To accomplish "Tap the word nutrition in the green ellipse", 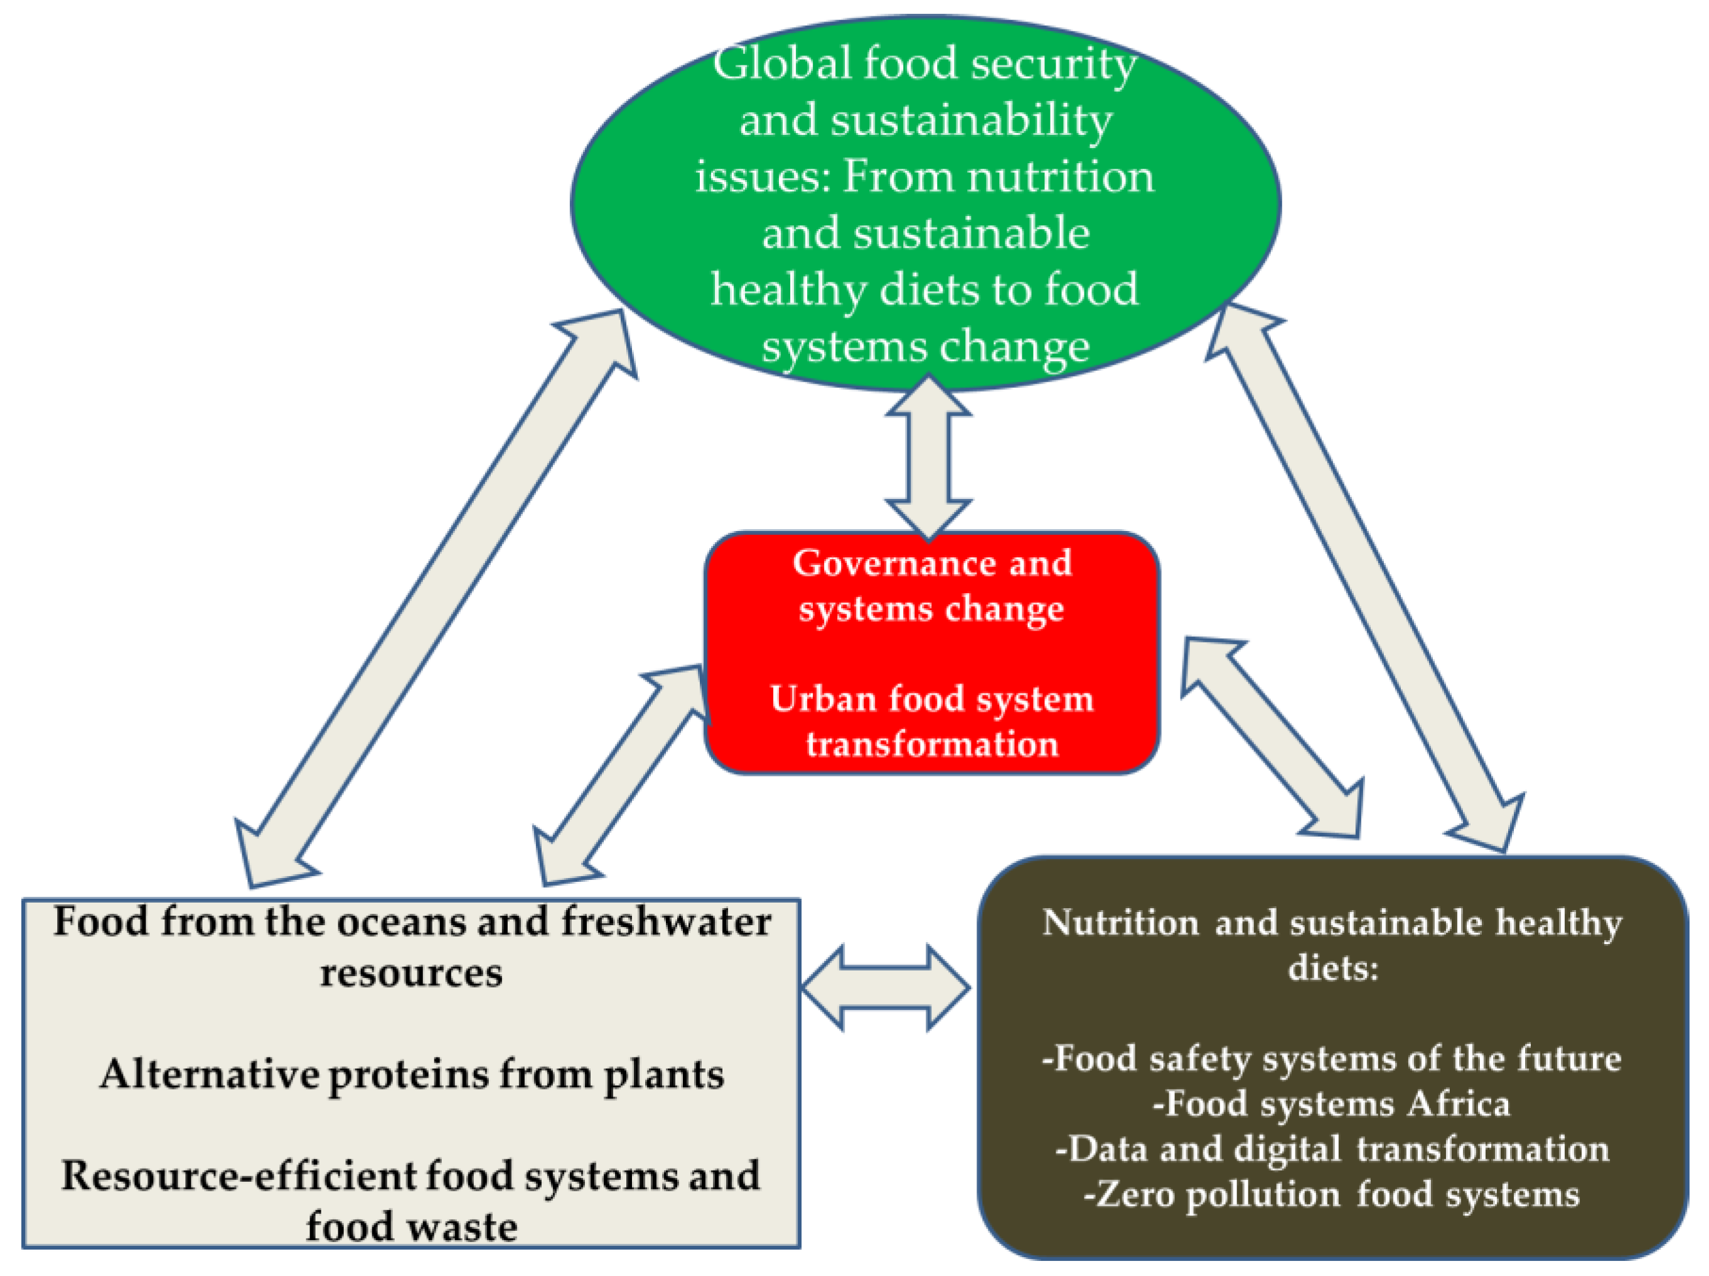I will click(1061, 176).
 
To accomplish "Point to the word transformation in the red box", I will click(932, 744).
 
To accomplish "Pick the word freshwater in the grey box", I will click(666, 921).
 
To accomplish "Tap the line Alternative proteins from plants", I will click(412, 1074).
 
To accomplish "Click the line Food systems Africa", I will click(1331, 1103).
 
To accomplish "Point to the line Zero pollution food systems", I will click(1331, 1194).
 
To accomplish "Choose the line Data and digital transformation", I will click(1331, 1149).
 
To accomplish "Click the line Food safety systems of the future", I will click(1331, 1058).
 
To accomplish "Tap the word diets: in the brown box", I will click(1333, 967).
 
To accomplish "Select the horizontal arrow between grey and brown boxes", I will click(885, 988).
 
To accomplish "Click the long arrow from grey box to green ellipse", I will click(436, 599).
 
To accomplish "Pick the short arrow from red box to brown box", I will click(1273, 739).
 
